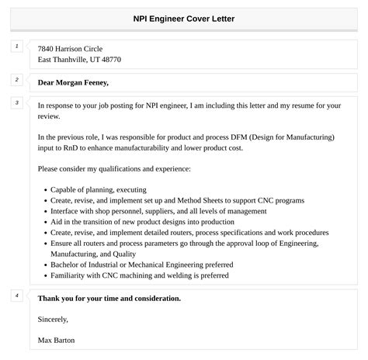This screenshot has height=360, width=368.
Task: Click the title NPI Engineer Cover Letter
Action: click(184, 18)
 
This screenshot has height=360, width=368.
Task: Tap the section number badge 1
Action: click(16, 47)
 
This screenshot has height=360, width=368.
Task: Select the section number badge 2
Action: click(16, 80)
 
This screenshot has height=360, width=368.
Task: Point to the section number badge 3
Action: click(16, 102)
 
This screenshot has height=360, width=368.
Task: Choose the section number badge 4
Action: click(16, 296)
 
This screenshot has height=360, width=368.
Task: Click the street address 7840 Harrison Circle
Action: click(70, 48)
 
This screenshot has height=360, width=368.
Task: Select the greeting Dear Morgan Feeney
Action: click(73, 82)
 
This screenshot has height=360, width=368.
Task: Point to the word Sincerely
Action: click(53, 319)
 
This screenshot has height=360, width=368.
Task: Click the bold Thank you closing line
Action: click(109, 298)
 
